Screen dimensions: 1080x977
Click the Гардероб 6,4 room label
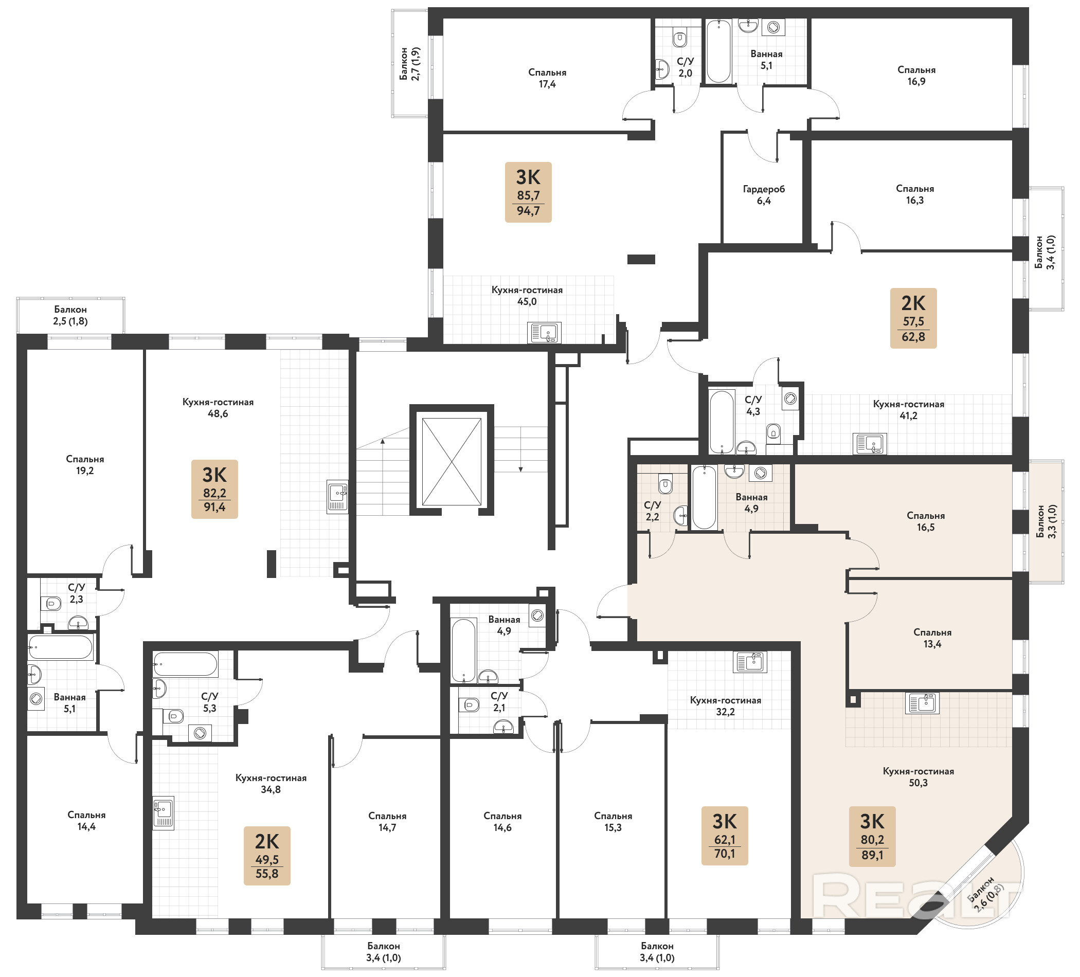[x=764, y=195]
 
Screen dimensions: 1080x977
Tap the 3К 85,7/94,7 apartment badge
[x=528, y=192]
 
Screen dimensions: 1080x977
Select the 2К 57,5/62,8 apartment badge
[x=913, y=318]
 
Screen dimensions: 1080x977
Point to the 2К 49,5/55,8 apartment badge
[x=267, y=856]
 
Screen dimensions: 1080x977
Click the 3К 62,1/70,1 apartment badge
[x=725, y=836]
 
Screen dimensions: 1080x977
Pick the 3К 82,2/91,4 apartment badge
[x=214, y=489]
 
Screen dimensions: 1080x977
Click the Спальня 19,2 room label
[x=85, y=465]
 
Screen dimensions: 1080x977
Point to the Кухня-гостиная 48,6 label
[x=218, y=408]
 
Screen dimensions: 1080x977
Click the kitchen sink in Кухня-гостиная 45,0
[x=544, y=333]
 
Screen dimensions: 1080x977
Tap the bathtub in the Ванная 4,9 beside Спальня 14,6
[x=463, y=650]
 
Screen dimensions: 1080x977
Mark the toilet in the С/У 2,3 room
[x=51, y=604]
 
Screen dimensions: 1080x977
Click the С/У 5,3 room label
[x=209, y=702]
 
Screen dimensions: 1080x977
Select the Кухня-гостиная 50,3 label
[x=918, y=776]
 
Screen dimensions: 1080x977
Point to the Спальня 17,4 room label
[x=547, y=78]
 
